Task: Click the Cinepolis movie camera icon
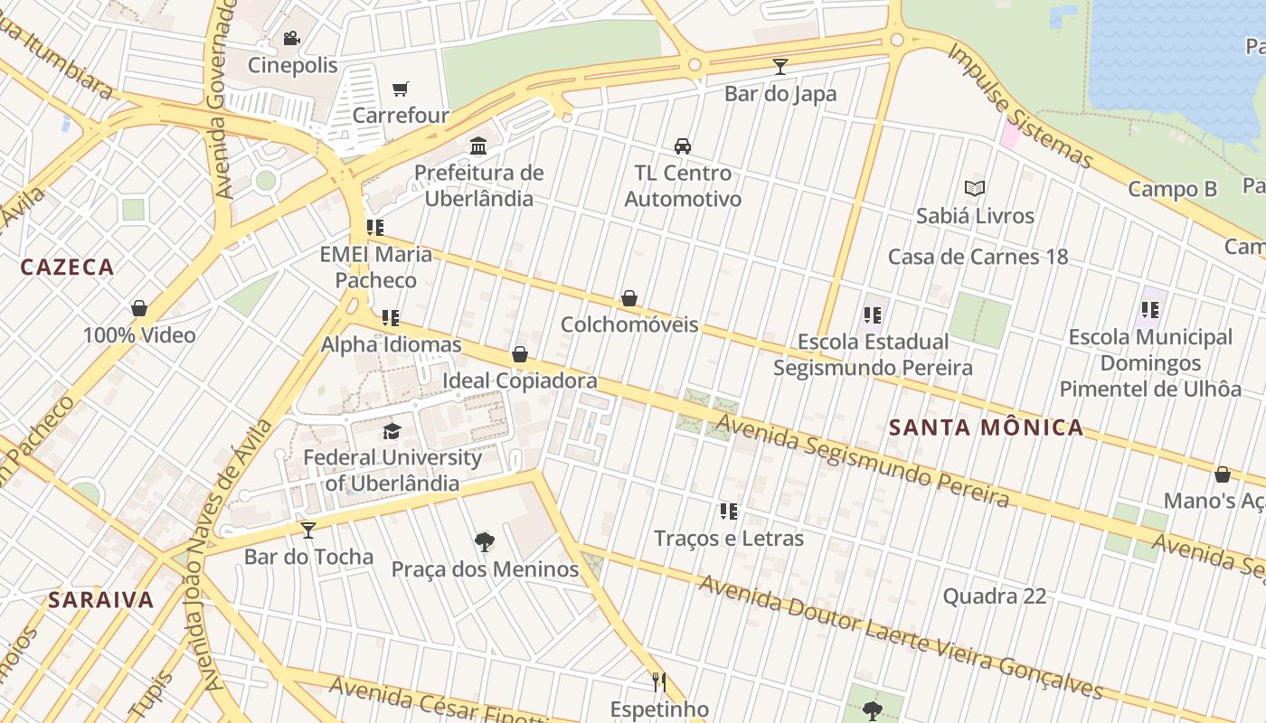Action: (291, 39)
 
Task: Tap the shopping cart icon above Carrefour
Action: (401, 89)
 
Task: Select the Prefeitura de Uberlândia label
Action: (479, 185)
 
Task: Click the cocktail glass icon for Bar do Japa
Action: (780, 67)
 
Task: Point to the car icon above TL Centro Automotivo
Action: (683, 146)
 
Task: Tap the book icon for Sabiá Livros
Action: (974, 189)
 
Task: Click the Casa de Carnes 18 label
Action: (978, 257)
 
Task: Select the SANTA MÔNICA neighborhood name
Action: (986, 427)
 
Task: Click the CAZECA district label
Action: (67, 267)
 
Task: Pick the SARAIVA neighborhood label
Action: (101, 599)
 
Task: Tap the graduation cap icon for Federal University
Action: (392, 431)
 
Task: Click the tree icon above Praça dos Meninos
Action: (485, 542)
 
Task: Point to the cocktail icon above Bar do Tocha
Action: (308, 530)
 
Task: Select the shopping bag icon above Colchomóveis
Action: (629, 298)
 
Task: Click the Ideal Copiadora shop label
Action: (519, 380)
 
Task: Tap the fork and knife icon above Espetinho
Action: (659, 681)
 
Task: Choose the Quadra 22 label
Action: (994, 596)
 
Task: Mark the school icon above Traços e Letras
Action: (729, 512)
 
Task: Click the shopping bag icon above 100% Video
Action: (139, 308)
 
